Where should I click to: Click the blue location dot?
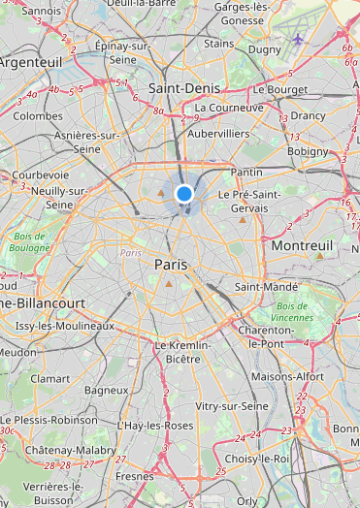pos(184,195)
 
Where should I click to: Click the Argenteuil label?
pos(30,61)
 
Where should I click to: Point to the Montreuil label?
pos(302,246)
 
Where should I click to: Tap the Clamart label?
pos(49,378)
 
